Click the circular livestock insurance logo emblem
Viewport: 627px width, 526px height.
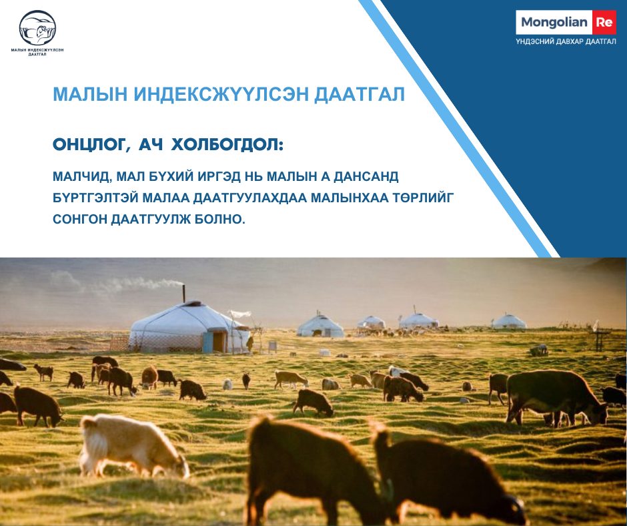click(37, 27)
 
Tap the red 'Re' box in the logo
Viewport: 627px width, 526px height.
click(604, 23)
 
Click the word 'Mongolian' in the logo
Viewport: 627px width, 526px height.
click(554, 23)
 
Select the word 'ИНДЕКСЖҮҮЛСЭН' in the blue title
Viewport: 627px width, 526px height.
click(221, 94)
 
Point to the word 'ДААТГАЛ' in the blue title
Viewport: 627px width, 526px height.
click(360, 94)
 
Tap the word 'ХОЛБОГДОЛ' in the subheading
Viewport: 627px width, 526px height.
click(227, 144)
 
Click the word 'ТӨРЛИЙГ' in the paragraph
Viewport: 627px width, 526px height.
click(424, 198)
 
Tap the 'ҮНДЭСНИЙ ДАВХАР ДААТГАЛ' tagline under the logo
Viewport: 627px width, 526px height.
click(566, 41)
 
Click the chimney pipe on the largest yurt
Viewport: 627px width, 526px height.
click(184, 293)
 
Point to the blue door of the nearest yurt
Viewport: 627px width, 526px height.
click(207, 342)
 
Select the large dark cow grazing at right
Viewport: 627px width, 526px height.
click(556, 397)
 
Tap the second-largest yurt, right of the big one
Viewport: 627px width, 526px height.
click(320, 326)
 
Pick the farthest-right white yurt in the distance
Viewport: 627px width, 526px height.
click(509, 322)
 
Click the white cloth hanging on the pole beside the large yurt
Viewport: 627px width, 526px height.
click(240, 314)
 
